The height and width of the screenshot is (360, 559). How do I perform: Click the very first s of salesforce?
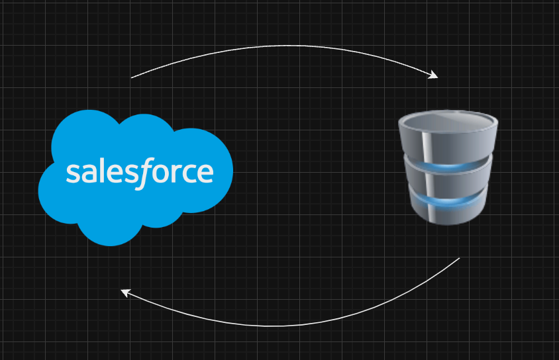pos(72,173)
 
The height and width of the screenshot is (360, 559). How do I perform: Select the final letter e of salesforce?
pos(205,173)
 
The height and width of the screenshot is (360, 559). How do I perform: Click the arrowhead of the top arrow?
pos(434,75)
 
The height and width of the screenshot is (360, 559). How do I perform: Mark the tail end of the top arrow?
pos(132,77)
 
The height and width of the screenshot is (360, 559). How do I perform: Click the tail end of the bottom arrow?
pos(459,258)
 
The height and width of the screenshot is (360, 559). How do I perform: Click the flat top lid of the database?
pos(448,120)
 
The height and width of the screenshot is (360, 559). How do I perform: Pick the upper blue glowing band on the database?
pos(448,167)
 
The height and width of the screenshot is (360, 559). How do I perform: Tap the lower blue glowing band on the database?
pos(448,199)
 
